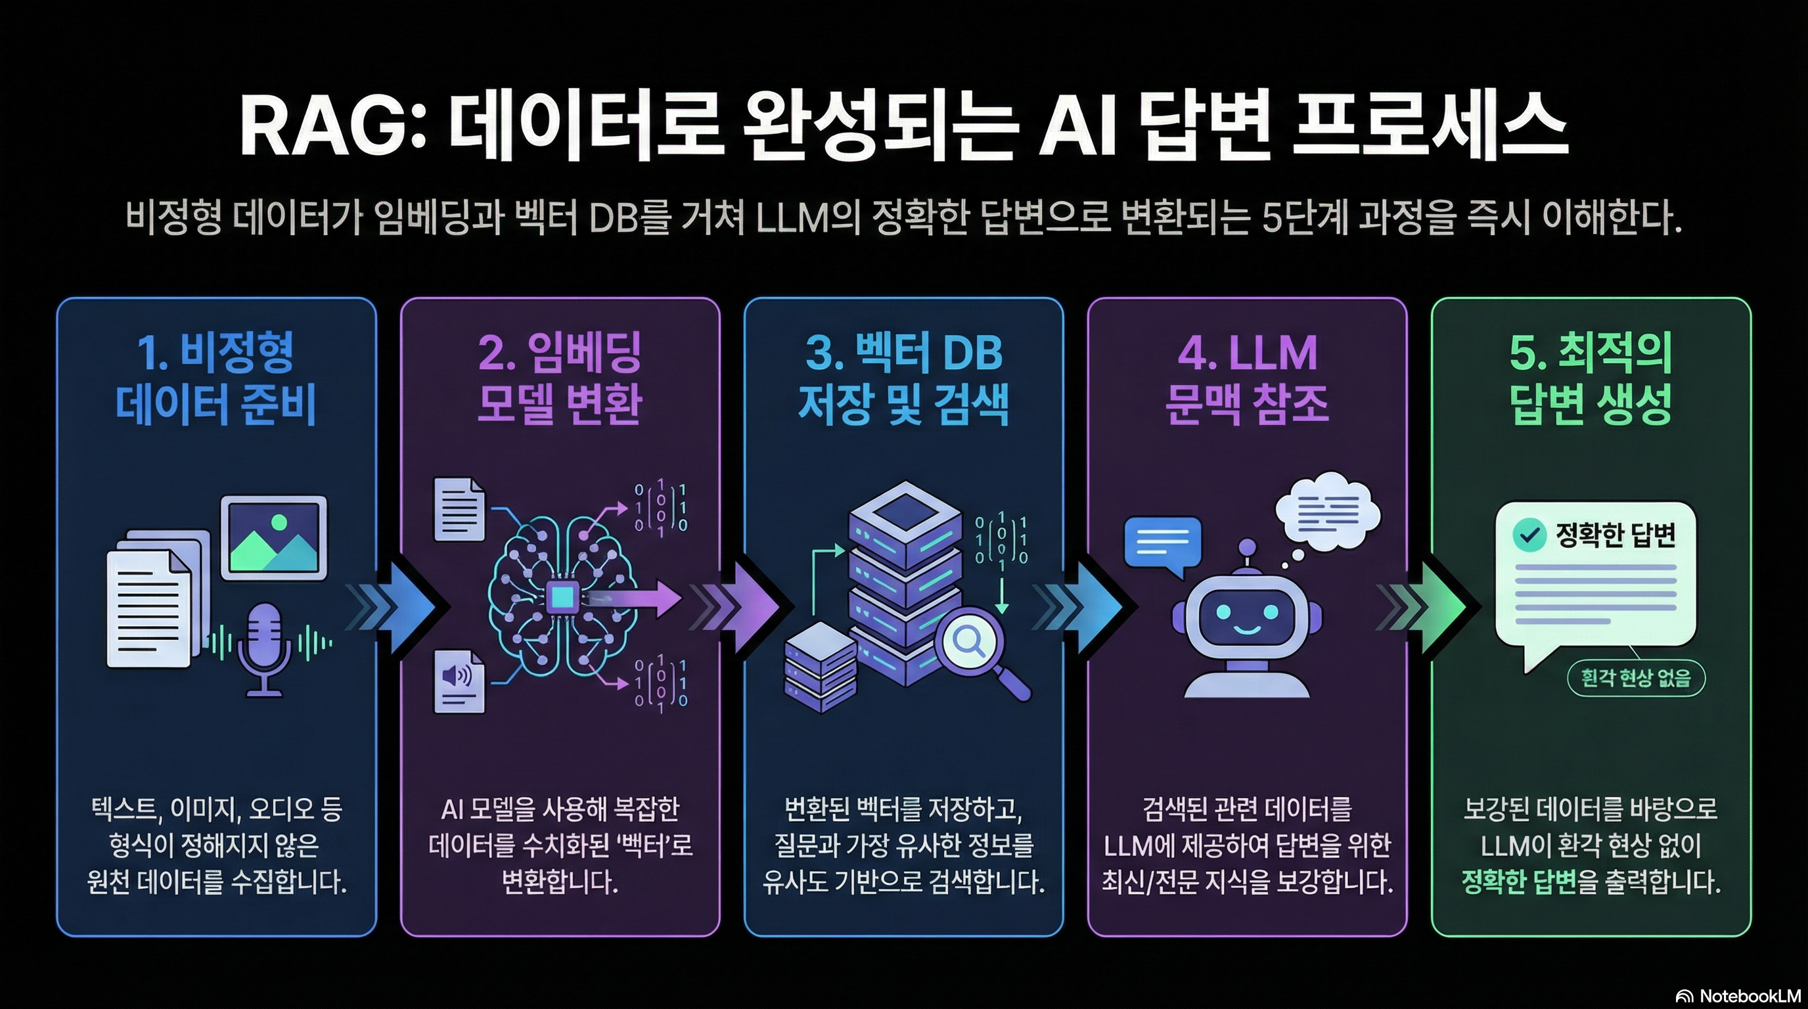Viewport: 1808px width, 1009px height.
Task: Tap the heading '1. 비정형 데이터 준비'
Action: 215,378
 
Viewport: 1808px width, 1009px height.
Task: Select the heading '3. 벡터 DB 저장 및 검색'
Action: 903,378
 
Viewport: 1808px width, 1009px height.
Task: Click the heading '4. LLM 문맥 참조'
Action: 1247,378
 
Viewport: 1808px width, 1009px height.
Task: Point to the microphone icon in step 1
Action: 265,649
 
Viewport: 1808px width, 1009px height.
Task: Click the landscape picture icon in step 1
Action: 275,538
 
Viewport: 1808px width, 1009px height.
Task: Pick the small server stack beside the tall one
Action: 820,667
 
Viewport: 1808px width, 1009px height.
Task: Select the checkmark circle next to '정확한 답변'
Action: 1529,535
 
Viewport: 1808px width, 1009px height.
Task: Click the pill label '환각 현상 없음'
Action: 1636,678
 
